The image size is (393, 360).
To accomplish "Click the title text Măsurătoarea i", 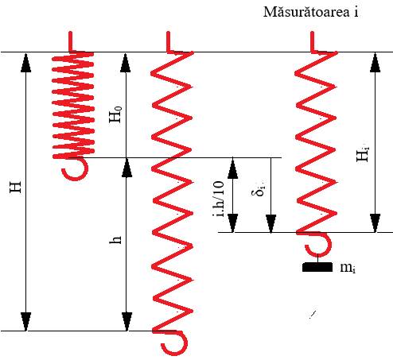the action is [310, 12].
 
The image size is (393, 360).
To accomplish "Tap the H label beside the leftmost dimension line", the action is [15, 187].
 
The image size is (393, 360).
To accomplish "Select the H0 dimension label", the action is [115, 114].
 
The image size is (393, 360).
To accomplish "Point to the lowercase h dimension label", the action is [115, 240].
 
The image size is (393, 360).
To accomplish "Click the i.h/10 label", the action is [219, 199].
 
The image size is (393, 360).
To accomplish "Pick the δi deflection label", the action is [258, 189].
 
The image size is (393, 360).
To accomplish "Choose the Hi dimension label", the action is [363, 154].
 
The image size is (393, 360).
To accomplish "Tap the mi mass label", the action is [348, 268].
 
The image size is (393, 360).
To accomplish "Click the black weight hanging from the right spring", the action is [317, 267].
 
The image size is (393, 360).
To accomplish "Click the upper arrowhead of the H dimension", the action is [25, 62].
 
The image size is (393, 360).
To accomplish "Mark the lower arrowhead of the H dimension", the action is [25, 322].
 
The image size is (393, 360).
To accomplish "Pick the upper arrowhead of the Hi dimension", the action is [375, 62].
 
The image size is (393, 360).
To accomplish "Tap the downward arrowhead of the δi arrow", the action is [270, 224].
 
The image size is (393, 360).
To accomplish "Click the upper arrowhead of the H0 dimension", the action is [126, 62].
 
